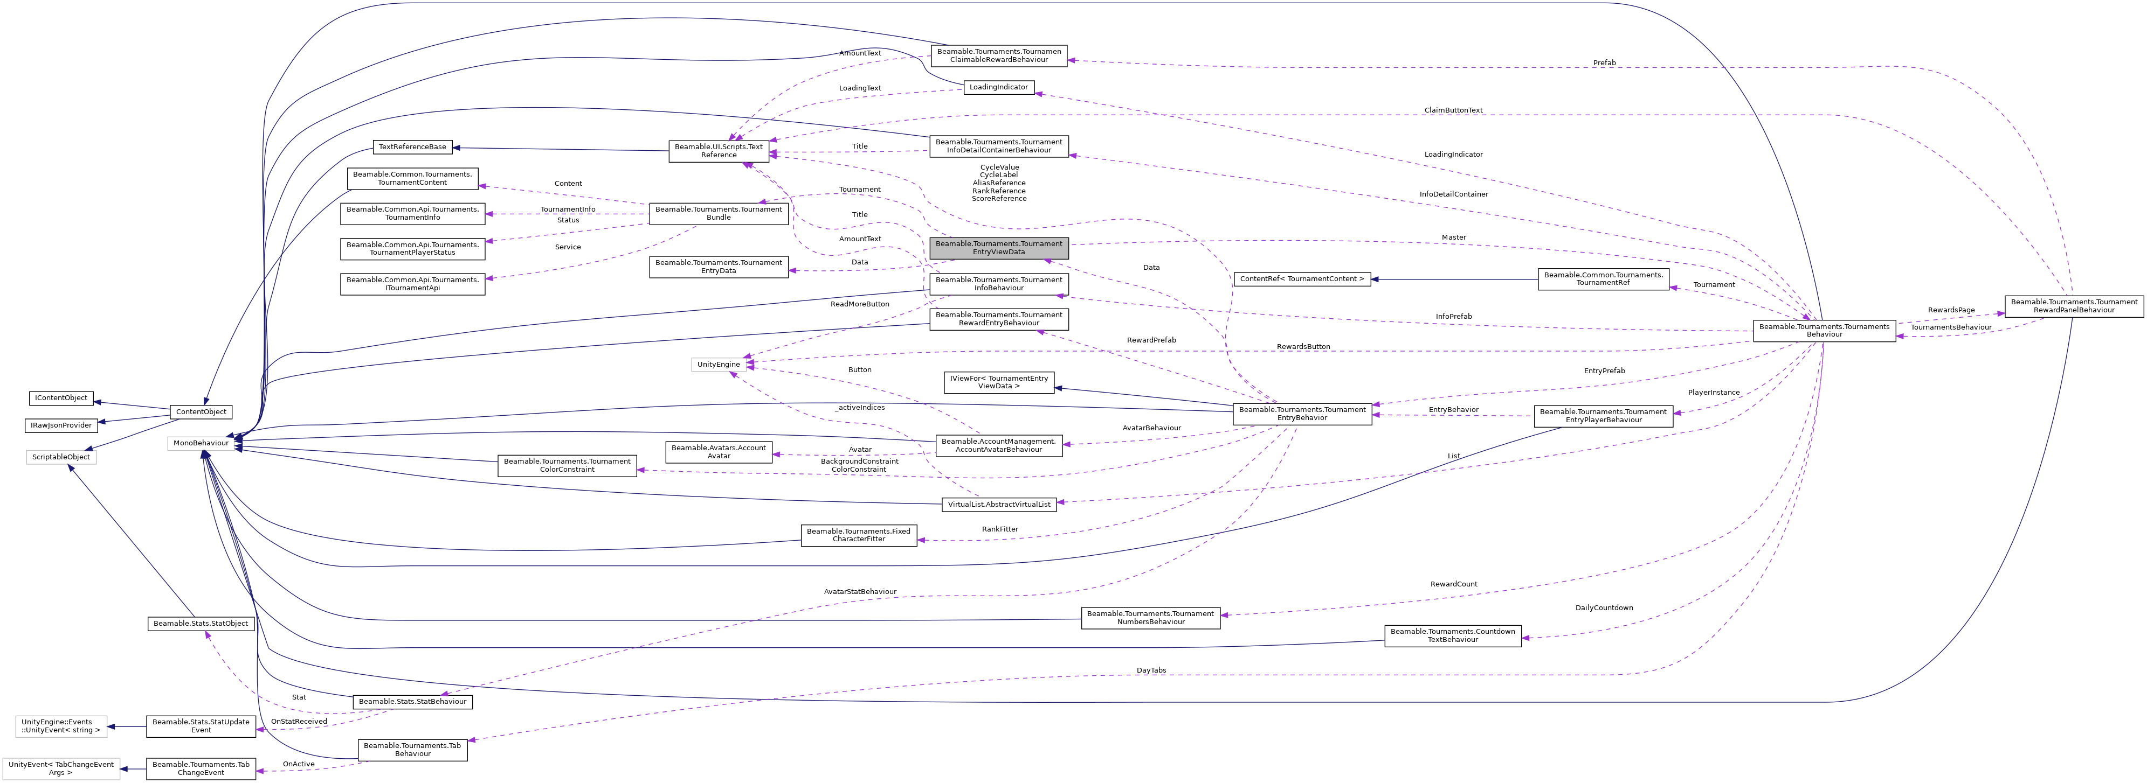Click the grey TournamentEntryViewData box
tap(998, 247)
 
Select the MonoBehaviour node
tap(201, 443)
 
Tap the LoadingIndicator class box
tap(998, 87)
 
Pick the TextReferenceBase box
tap(412, 146)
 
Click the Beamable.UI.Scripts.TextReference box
tap(719, 151)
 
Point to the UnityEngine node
tap(719, 364)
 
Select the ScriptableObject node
tap(61, 457)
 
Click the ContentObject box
tap(201, 411)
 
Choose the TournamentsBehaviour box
tap(1824, 331)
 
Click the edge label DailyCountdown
tap(1604, 608)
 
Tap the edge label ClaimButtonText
tap(1453, 110)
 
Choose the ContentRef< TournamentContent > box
tap(1302, 279)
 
